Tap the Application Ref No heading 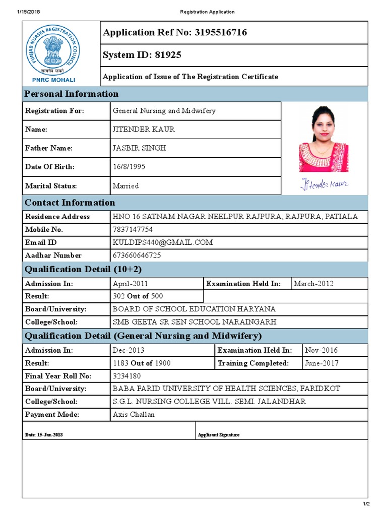click(175, 33)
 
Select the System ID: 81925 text click(142, 55)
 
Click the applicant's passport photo click(324, 139)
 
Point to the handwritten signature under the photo click(324, 184)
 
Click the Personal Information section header click(72, 94)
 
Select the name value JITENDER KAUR click(144, 130)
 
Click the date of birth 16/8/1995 click(129, 167)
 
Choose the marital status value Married click(125, 186)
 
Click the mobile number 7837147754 click(133, 229)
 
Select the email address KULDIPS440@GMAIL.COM click(163, 242)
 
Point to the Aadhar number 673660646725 click(137, 255)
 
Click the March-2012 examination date click(313, 284)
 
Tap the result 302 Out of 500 click(138, 296)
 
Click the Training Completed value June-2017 click(321, 363)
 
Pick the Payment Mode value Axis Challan click(134, 415)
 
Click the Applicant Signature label click(219, 435)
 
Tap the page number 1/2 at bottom click(366, 504)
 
